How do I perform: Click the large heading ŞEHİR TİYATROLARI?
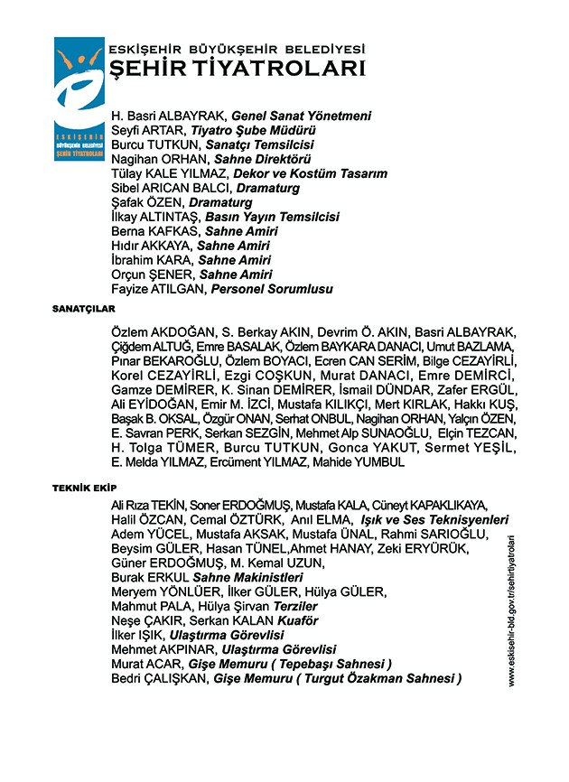pos(236,70)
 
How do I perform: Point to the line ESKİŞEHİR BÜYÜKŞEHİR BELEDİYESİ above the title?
pos(236,48)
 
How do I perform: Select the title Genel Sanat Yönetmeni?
pos(301,116)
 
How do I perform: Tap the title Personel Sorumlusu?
pos(271,290)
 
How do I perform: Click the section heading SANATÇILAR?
pos(77,308)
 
